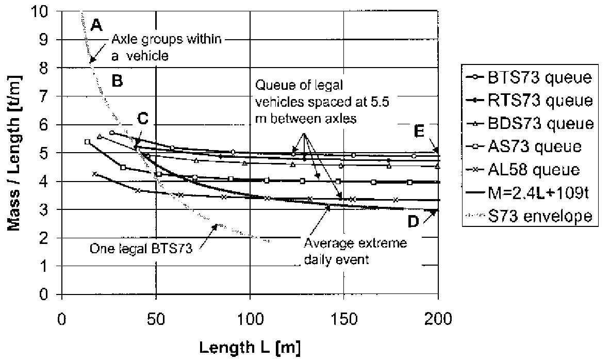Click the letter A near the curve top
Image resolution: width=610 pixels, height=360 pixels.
96,24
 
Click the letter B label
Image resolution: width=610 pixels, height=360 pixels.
117,81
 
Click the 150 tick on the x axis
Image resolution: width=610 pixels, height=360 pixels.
344,318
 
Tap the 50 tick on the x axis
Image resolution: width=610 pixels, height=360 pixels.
156,318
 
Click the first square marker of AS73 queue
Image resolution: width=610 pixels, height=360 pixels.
87,141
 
